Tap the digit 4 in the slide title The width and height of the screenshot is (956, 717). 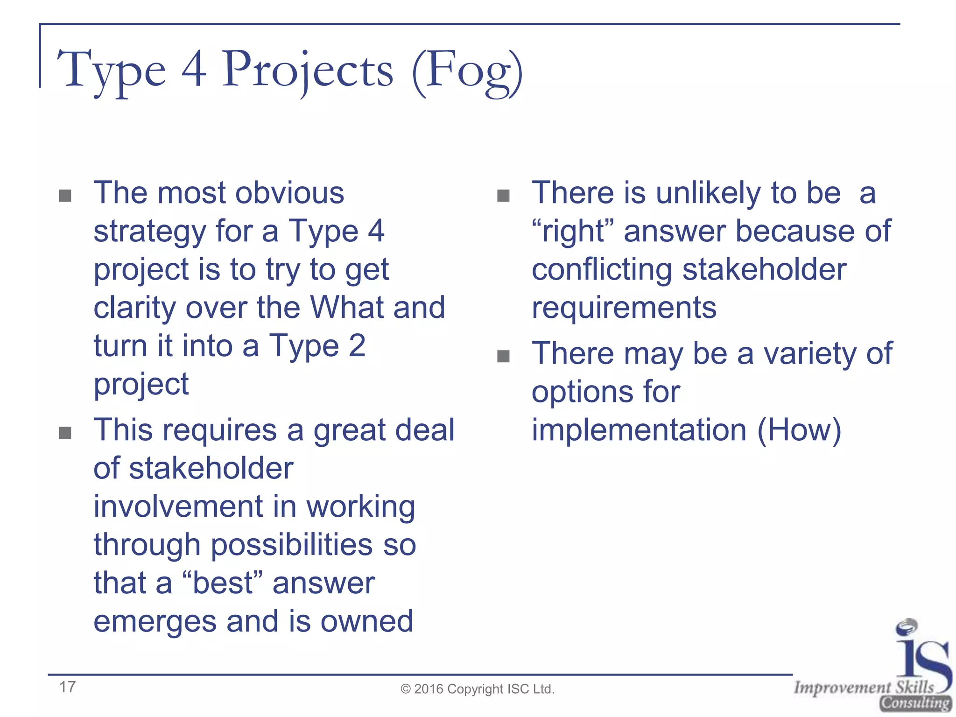[x=194, y=70]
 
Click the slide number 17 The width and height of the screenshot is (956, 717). [x=67, y=687]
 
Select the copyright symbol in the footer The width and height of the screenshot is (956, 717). [x=406, y=689]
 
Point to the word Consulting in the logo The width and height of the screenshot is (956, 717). [x=915, y=703]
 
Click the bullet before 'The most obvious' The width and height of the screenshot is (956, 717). [x=65, y=196]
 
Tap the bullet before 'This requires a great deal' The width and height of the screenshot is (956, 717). [x=65, y=433]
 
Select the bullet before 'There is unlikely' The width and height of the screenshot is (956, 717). [x=503, y=196]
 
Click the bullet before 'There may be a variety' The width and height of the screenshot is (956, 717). [x=503, y=357]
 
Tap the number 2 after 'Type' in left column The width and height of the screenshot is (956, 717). [x=357, y=346]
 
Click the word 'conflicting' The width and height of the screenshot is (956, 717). [x=602, y=269]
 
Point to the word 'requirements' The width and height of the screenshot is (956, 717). [x=624, y=308]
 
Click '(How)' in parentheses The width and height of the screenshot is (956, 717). [x=799, y=430]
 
